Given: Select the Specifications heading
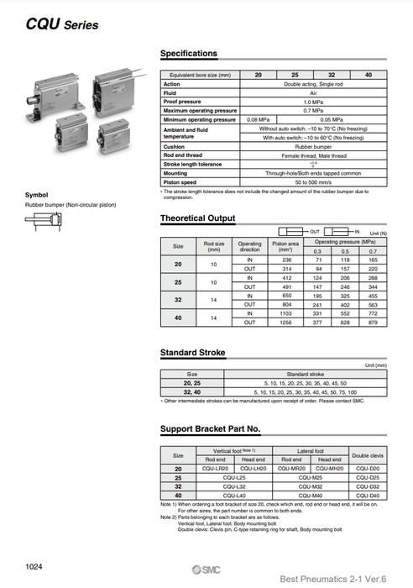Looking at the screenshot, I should (188, 54).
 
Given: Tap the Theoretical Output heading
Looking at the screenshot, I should (197, 218).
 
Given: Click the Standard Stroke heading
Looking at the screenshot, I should (192, 353).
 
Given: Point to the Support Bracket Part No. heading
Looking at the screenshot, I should (210, 428).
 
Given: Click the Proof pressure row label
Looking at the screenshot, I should (180, 102).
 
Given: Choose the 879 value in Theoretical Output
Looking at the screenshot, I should (373, 322).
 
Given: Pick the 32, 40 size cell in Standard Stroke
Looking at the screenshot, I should (192, 391).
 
